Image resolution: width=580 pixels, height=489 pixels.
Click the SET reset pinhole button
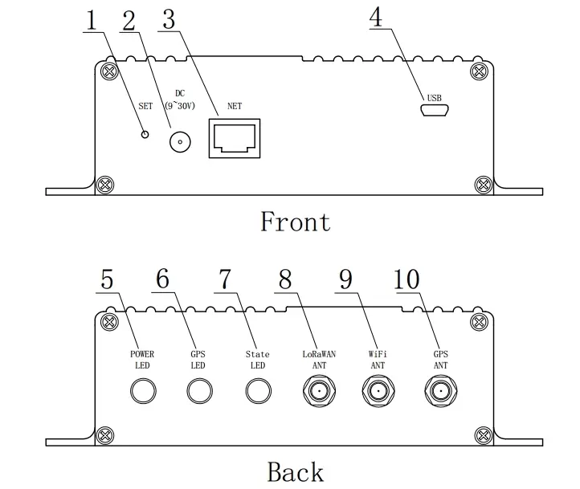click(x=145, y=134)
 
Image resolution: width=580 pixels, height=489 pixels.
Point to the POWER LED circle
click(x=142, y=391)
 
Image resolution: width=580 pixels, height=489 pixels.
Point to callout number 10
click(x=406, y=279)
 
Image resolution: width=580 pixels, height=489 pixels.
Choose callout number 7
click(x=224, y=279)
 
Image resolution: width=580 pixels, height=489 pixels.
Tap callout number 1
click(x=92, y=20)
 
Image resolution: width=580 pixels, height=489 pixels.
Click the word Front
click(x=296, y=221)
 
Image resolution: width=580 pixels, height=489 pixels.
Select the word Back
click(x=296, y=471)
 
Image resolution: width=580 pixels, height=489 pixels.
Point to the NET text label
click(x=235, y=104)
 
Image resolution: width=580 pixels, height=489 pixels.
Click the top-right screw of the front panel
click(x=480, y=71)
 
